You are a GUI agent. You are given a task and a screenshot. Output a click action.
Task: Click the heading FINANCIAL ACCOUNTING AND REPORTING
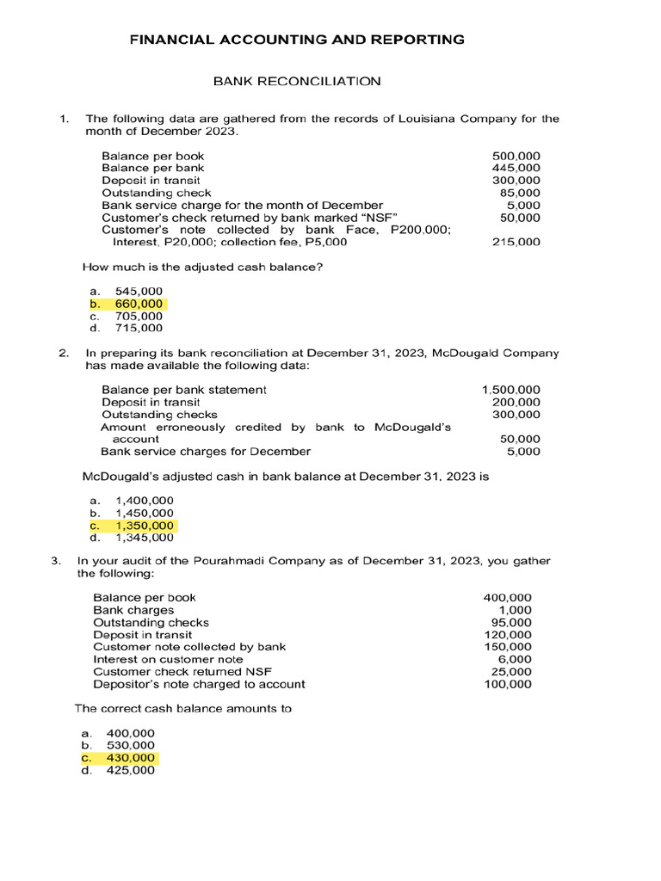tap(297, 40)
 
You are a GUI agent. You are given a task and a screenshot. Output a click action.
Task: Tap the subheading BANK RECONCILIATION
tap(297, 82)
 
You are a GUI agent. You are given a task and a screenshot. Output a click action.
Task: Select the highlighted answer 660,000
tap(138, 305)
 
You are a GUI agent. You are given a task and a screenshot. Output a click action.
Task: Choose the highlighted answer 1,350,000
tap(144, 526)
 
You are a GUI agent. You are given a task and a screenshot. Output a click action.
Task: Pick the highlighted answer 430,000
tap(131, 758)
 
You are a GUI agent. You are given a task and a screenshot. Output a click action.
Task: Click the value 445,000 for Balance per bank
tap(516, 168)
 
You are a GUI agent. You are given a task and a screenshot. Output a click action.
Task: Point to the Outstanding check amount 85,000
tap(520, 193)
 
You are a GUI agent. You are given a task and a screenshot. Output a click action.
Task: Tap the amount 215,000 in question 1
tap(516, 243)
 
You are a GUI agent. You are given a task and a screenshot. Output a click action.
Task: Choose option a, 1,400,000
tap(144, 501)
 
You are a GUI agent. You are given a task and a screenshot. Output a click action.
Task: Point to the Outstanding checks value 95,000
tap(511, 622)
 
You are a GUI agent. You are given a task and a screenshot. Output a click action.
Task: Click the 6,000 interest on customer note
tap(516, 659)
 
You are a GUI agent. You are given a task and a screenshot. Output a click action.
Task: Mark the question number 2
tap(63, 353)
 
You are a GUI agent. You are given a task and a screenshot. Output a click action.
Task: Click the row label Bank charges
tap(133, 610)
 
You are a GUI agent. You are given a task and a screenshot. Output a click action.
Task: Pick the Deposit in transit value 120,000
tap(508, 635)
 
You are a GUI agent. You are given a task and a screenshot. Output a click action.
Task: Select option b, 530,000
tap(131, 745)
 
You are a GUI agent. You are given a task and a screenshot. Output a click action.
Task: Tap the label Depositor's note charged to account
tap(199, 684)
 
